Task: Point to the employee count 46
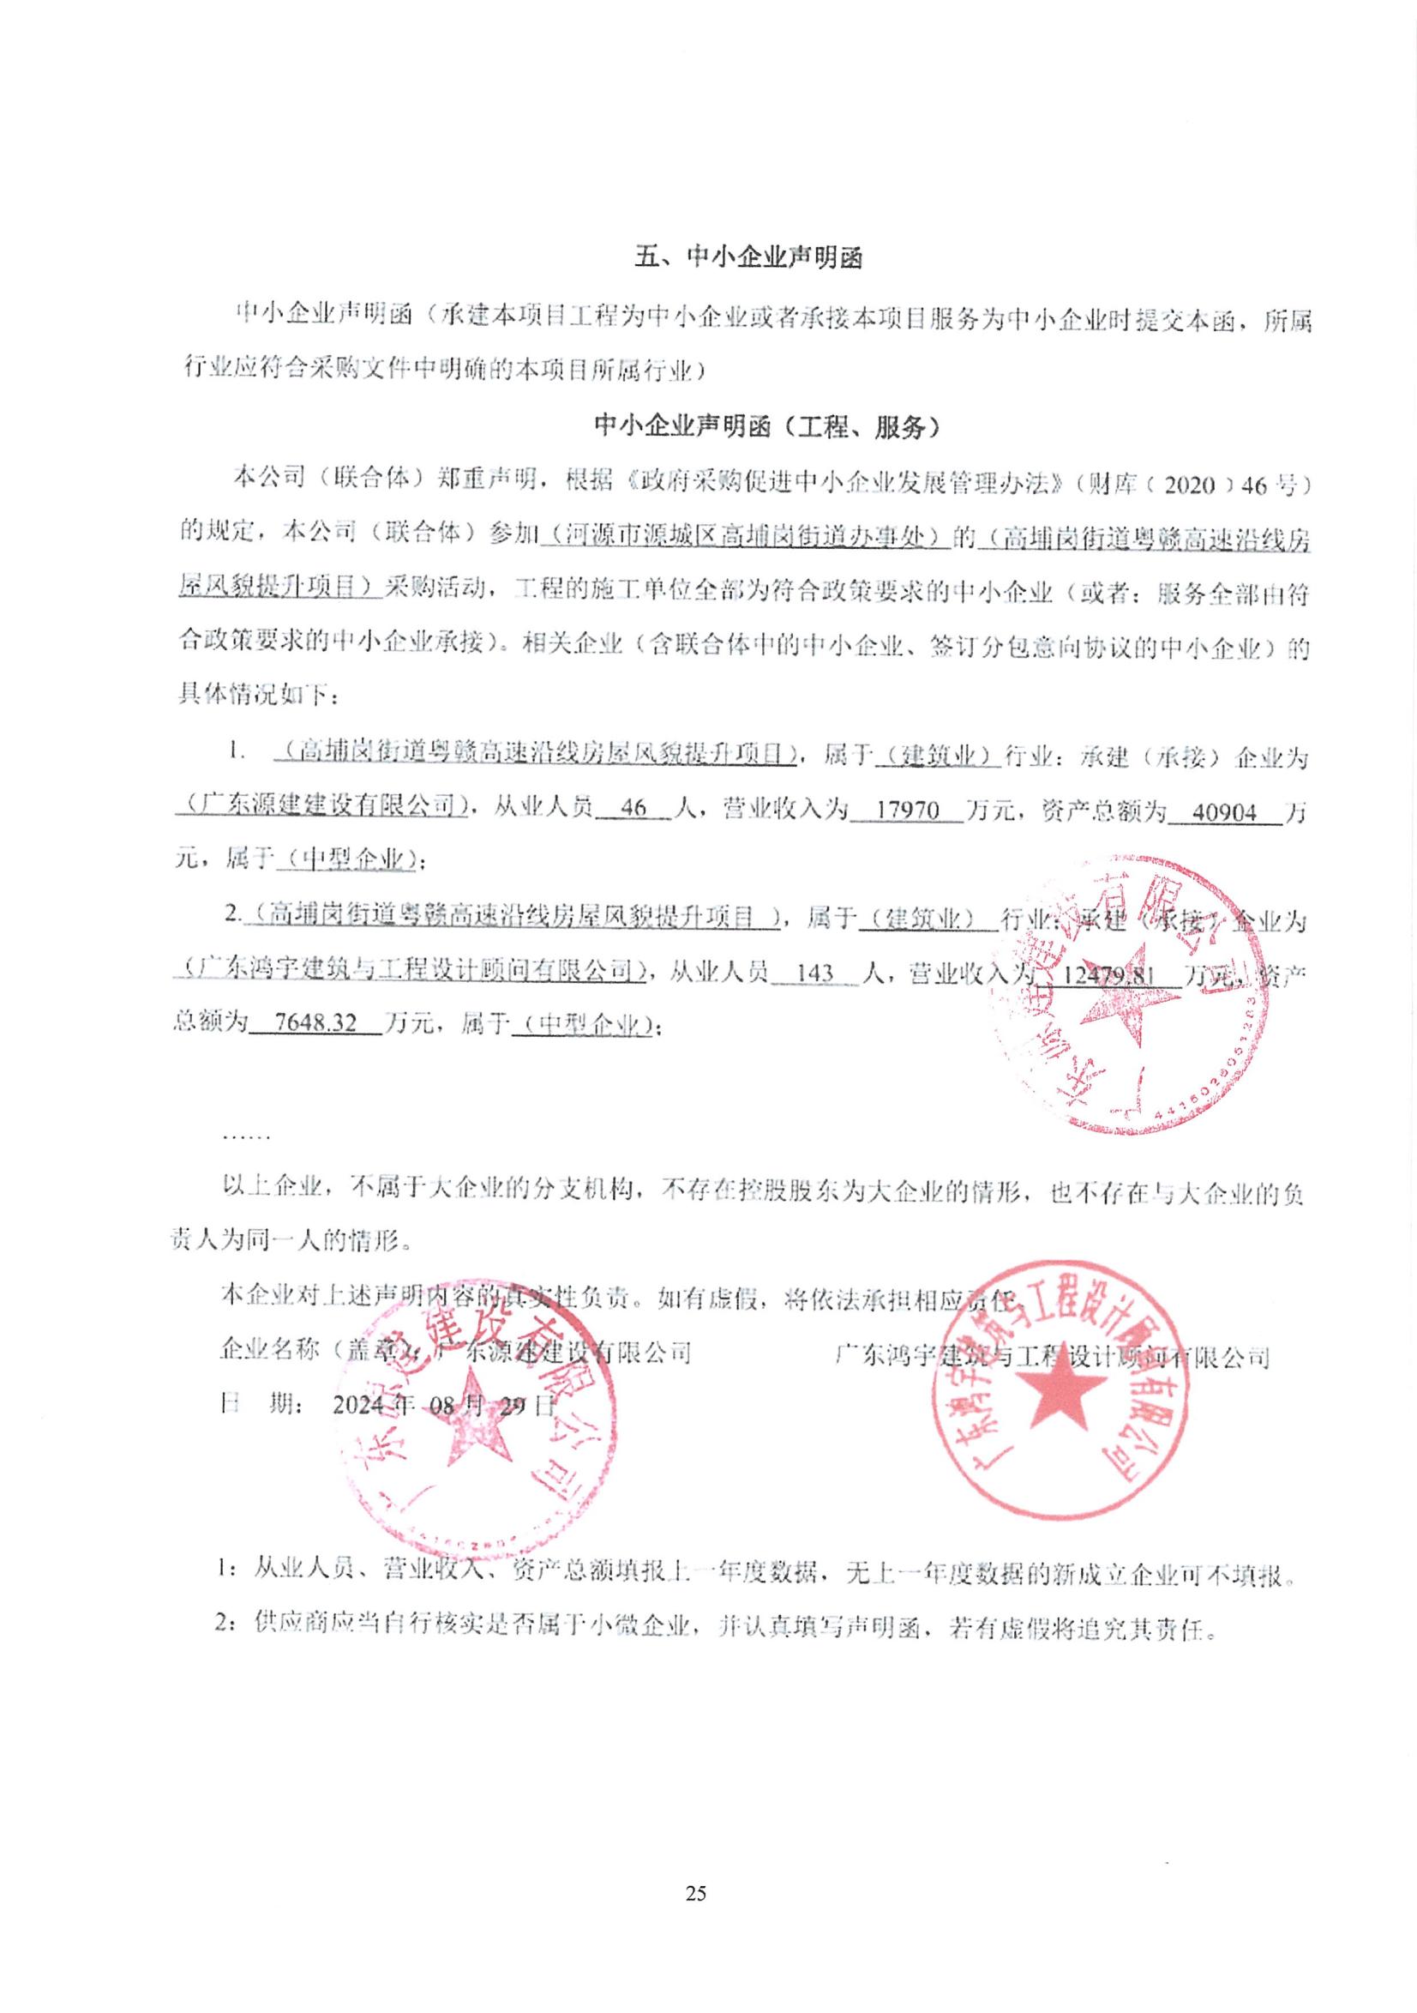pyautogui.click(x=632, y=810)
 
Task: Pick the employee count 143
pyautogui.click(x=816, y=972)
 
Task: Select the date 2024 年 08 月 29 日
pyautogui.click(x=445, y=1405)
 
